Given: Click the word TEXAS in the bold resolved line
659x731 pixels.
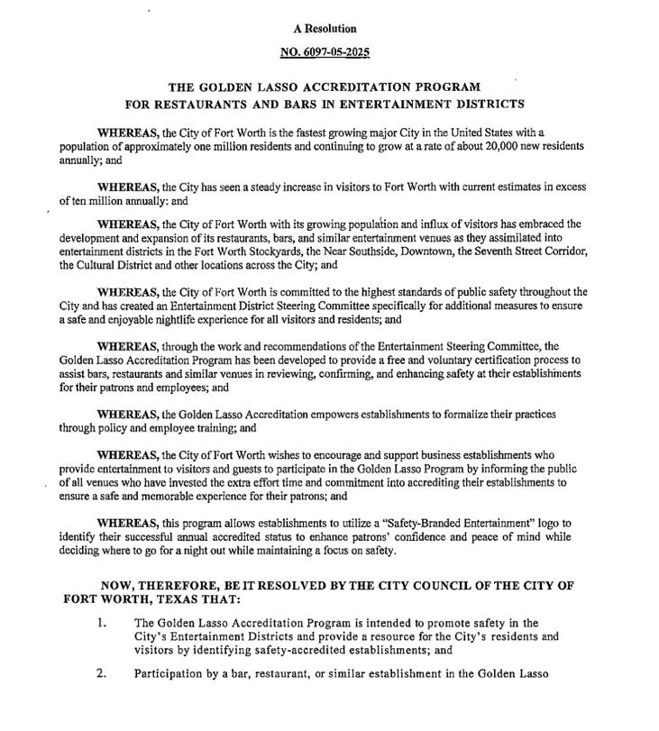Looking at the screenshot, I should (x=168, y=599).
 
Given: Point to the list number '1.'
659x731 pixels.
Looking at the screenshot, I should (x=103, y=623).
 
